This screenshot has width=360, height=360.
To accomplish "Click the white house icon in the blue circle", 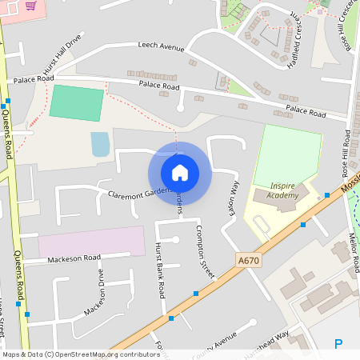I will click(x=179, y=172).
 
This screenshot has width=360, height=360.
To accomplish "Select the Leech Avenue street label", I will click(x=160, y=46).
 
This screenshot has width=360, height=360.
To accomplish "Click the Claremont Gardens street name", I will click(x=132, y=192).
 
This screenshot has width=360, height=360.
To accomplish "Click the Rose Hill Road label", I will click(x=346, y=153).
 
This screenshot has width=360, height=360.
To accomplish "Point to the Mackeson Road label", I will click(x=74, y=258).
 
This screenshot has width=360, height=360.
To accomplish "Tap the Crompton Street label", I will click(x=206, y=251).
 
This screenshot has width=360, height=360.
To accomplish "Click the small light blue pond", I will click(x=100, y=145).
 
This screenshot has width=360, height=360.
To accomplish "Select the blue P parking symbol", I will click(x=338, y=345).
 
